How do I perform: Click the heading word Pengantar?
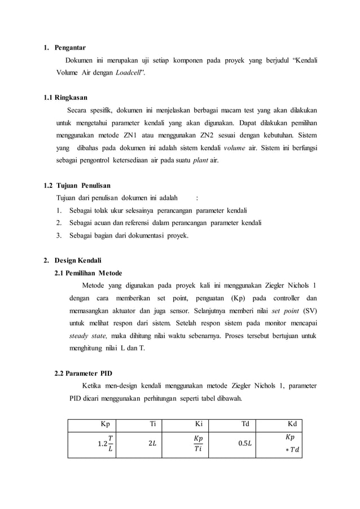[x=70, y=47]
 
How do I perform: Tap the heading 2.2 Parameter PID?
[x=83, y=373]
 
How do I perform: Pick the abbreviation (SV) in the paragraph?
[x=309, y=310]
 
